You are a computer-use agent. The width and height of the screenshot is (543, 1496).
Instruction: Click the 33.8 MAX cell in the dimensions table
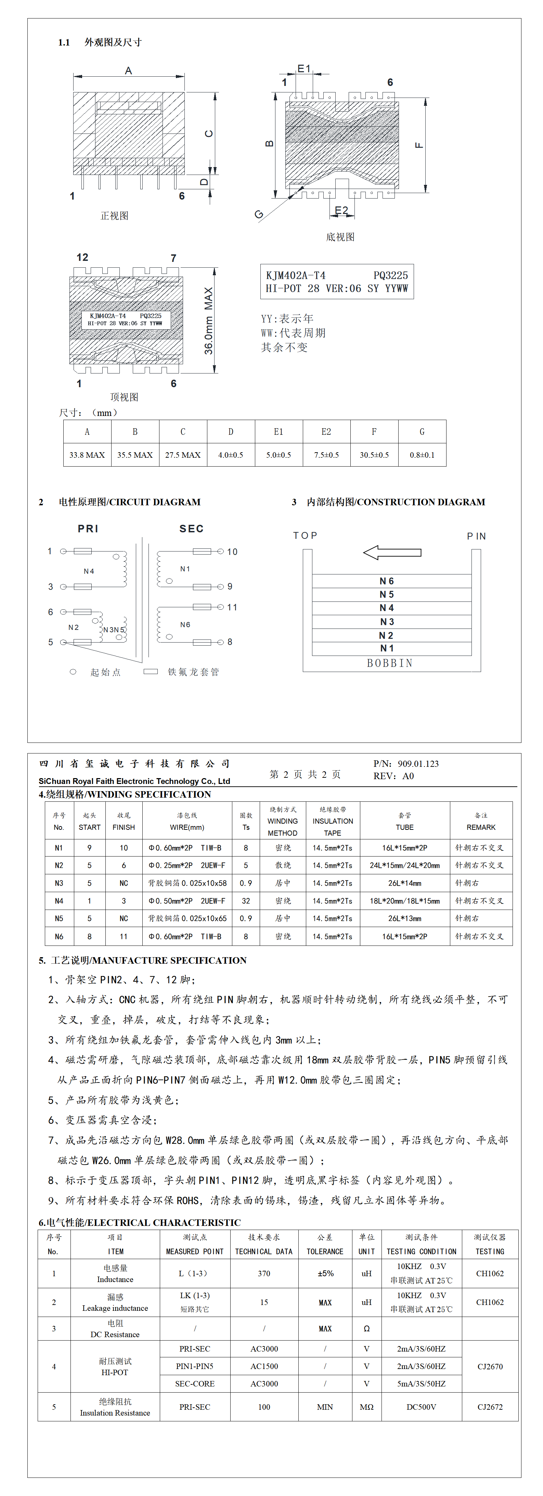(x=87, y=455)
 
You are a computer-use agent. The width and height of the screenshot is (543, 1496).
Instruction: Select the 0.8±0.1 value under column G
(x=422, y=455)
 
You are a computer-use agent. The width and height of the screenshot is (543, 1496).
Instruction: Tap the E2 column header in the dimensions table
(x=326, y=431)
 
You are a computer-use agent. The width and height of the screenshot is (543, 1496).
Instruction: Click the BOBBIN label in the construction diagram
(x=390, y=663)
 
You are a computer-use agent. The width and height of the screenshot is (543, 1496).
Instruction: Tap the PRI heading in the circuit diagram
(x=88, y=529)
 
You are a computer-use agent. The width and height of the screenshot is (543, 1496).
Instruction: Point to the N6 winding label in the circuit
(x=185, y=625)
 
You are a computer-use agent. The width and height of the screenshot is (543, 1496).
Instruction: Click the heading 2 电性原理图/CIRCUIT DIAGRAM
(x=120, y=502)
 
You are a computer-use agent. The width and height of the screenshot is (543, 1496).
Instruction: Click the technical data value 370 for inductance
(x=264, y=1273)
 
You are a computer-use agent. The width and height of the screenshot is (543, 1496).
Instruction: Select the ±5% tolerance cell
(x=325, y=1273)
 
